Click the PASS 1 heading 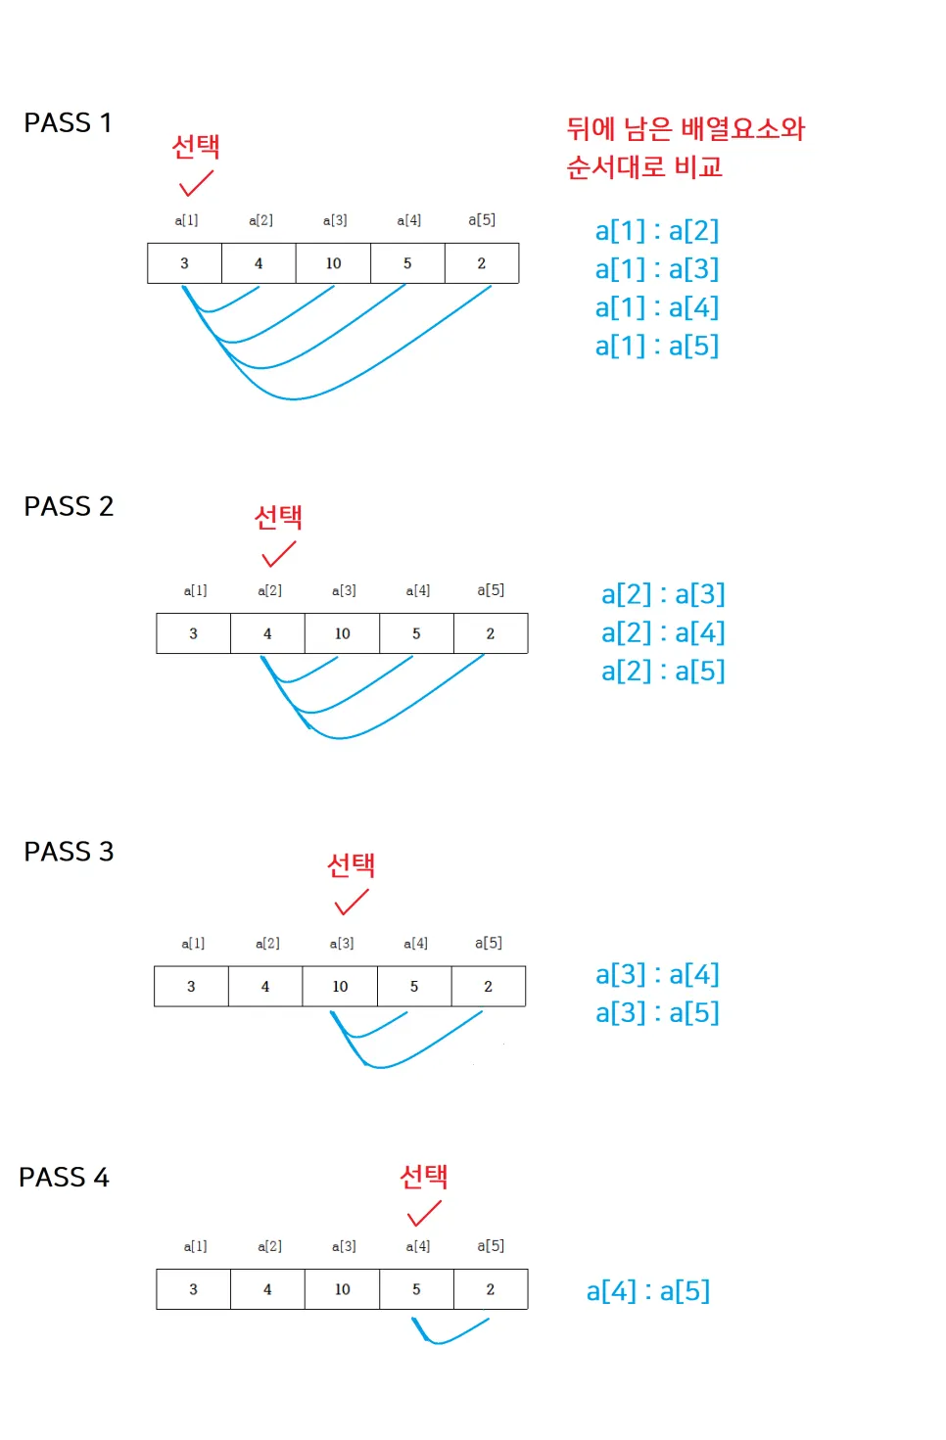click(x=68, y=123)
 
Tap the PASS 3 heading click(x=69, y=852)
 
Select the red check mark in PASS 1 click(x=196, y=183)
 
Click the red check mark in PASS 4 click(x=424, y=1214)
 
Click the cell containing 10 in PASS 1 click(x=333, y=263)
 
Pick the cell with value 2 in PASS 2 click(x=491, y=633)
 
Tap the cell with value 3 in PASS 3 click(x=191, y=986)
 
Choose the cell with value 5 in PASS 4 click(x=416, y=1289)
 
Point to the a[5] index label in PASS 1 click(x=482, y=220)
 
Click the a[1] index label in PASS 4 click(x=195, y=1246)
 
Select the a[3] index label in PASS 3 click(x=342, y=944)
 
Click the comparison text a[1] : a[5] click(x=657, y=346)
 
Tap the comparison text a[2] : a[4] click(x=663, y=632)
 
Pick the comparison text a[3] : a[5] click(x=657, y=1012)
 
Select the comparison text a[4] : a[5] click(x=648, y=1291)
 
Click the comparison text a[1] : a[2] click(x=657, y=231)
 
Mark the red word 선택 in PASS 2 click(x=278, y=517)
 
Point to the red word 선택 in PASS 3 click(x=351, y=864)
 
